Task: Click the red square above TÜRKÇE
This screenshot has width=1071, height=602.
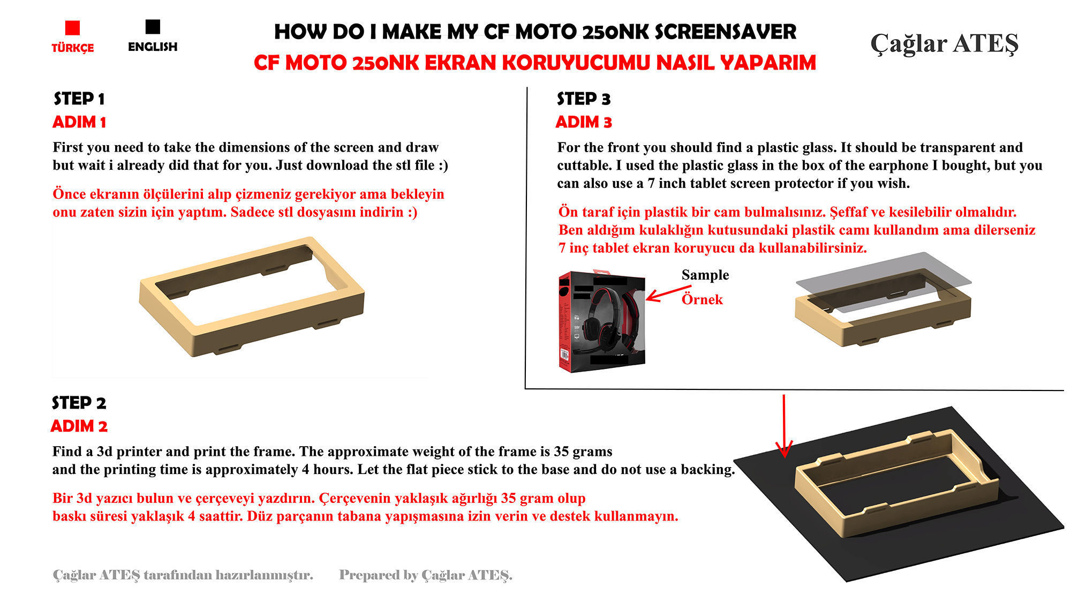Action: click(x=72, y=28)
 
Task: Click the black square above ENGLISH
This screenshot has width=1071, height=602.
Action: click(x=153, y=27)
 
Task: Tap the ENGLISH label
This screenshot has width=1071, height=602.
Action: click(x=153, y=47)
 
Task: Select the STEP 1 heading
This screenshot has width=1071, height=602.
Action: click(x=79, y=99)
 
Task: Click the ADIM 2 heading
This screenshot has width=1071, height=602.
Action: click(x=79, y=426)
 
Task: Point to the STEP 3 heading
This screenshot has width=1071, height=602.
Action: click(x=583, y=99)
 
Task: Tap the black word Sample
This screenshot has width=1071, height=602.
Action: click(x=705, y=275)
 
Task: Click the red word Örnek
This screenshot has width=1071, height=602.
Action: click(x=702, y=299)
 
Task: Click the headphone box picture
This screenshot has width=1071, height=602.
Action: click(x=601, y=321)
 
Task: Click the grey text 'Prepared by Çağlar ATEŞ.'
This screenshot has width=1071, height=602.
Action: click(x=426, y=575)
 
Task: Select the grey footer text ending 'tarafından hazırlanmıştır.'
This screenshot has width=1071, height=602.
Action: click(x=183, y=575)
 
